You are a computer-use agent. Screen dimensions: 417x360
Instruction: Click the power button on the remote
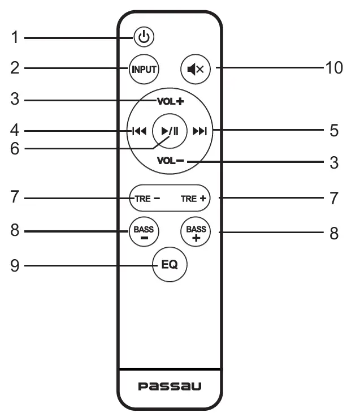coord(144,38)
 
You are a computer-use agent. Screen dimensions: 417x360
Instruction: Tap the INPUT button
coord(144,69)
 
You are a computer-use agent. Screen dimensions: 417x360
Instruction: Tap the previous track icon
coord(139,131)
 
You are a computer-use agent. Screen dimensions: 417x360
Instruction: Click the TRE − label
coord(147,199)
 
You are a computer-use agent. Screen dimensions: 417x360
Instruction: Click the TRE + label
coord(194,199)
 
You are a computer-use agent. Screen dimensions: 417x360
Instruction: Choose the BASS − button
coord(144,233)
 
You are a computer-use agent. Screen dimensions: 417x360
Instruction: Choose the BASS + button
coord(196,233)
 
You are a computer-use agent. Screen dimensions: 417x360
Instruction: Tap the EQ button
coord(170,264)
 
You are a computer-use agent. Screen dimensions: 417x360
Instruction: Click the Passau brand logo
coord(170,386)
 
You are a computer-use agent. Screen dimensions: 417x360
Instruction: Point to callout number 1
coord(15,38)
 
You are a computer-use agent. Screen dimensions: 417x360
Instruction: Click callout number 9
coord(15,264)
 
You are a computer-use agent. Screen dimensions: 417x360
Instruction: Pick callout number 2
coord(15,68)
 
